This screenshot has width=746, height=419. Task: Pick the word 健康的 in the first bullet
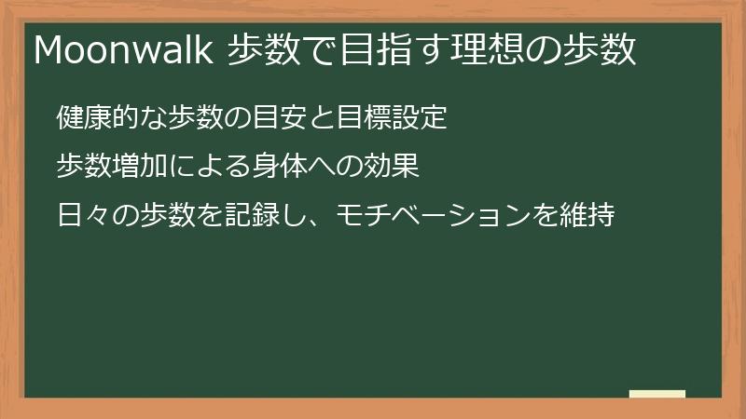pos(96,118)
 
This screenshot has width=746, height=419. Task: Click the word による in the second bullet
pos(207,168)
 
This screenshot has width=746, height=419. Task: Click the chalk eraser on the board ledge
pos(656,394)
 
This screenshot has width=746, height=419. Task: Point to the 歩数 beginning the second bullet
pos(83,168)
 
